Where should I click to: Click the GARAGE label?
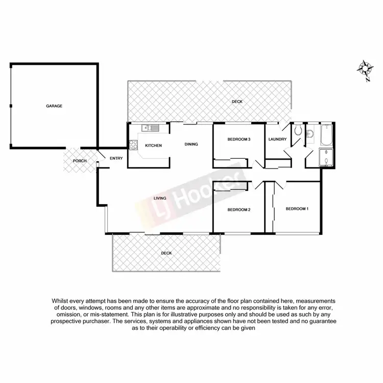coord(54,106)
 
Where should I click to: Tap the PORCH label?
coord(80,161)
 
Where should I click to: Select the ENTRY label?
coord(116,158)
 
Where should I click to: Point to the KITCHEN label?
coord(153,146)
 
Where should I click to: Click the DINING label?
coord(191,144)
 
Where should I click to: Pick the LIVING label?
coord(161,198)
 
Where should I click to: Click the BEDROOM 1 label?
coord(297,208)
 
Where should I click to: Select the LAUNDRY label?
coord(277,139)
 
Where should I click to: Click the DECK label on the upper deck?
coord(237,102)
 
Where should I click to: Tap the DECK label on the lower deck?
coord(166,253)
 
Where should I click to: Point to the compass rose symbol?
coord(365,68)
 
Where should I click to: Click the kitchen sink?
coord(152,128)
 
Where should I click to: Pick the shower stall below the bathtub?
coord(326,158)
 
